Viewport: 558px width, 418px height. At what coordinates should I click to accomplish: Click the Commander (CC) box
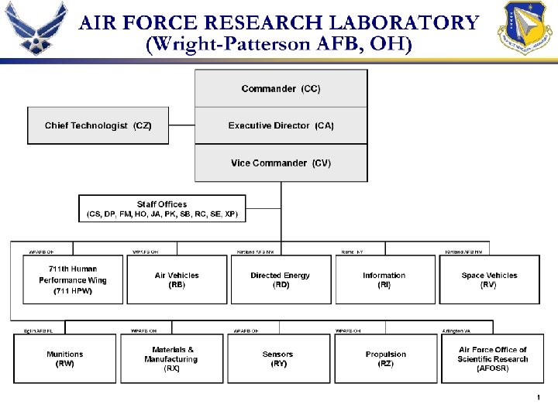pyautogui.click(x=281, y=89)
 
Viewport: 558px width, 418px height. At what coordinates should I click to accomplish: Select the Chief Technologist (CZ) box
pyautogui.click(x=98, y=125)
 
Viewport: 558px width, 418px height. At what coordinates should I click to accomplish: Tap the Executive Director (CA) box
pyautogui.click(x=281, y=125)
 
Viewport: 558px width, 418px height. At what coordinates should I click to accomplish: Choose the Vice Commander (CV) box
pyautogui.click(x=281, y=163)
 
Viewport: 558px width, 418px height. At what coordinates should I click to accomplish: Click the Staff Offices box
pyautogui.click(x=162, y=209)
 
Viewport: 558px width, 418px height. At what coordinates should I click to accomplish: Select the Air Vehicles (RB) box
pyautogui.click(x=177, y=280)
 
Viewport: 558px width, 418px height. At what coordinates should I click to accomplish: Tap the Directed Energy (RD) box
pyautogui.click(x=281, y=280)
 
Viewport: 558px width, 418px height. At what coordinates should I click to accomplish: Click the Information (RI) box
pyautogui.click(x=384, y=280)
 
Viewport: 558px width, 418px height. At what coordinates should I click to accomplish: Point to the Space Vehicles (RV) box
pyautogui.click(x=489, y=280)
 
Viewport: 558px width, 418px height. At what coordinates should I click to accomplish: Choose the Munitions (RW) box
pyautogui.click(x=65, y=359)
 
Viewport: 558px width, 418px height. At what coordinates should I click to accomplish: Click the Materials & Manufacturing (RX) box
pyautogui.click(x=171, y=359)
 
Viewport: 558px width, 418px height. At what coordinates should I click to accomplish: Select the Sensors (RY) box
pyautogui.click(x=277, y=359)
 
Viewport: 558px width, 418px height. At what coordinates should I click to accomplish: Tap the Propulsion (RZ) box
pyautogui.click(x=385, y=359)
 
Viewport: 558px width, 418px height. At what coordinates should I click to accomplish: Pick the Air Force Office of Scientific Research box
pyautogui.click(x=492, y=359)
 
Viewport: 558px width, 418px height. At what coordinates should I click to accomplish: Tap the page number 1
pyautogui.click(x=537, y=398)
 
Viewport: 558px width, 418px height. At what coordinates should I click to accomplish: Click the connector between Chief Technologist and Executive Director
pyautogui.click(x=182, y=125)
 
